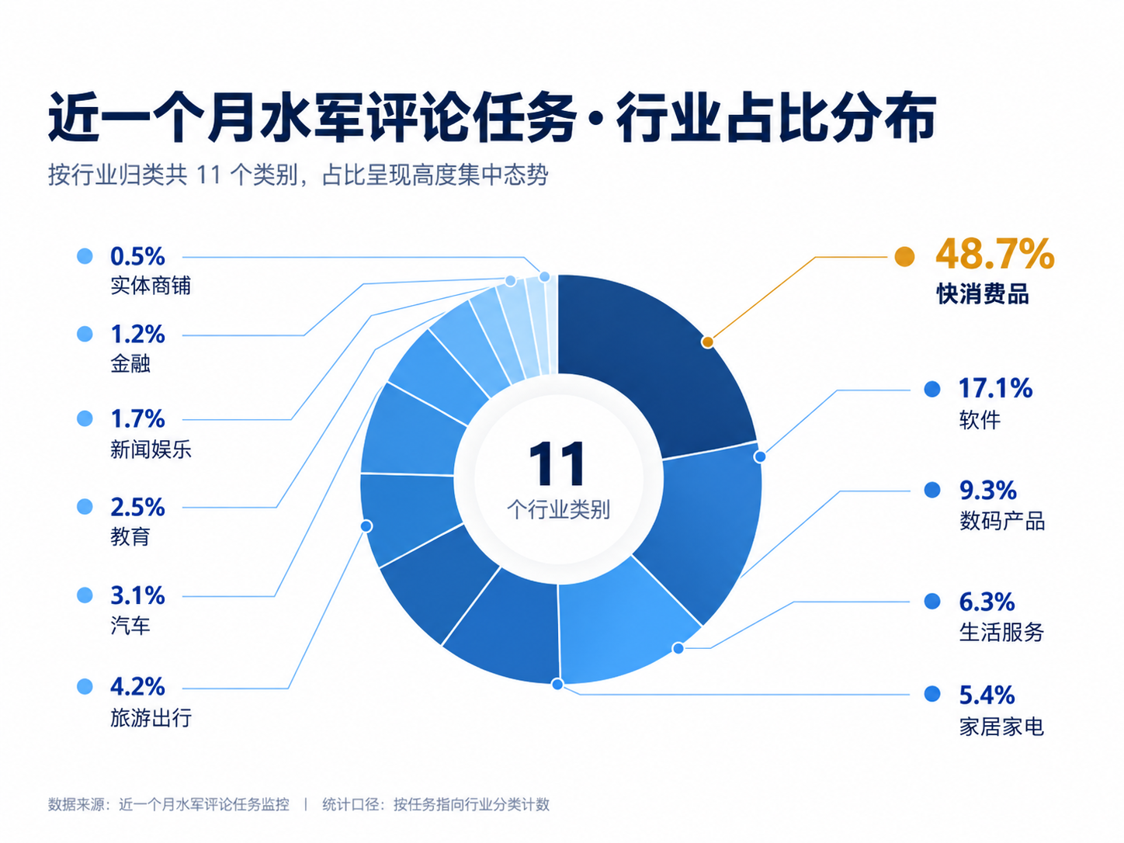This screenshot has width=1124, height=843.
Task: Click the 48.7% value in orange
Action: pos(994,254)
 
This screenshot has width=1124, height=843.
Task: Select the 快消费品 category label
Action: pos(982,293)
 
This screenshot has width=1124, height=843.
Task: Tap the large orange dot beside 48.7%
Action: pos(904,256)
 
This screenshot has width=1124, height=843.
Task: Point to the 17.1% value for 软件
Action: pos(995,388)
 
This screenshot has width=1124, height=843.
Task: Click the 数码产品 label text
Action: pos(1001,521)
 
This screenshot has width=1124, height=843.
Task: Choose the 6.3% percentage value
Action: pos(987,602)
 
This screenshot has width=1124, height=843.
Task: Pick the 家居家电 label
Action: pos(1001,727)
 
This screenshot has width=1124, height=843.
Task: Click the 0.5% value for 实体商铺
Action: pos(137,256)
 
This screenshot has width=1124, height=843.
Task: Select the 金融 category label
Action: pos(130,364)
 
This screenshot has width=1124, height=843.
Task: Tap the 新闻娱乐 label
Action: pos(151,449)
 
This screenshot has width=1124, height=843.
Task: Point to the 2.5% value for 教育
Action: pos(137,507)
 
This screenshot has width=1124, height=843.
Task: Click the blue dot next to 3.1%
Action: pos(85,595)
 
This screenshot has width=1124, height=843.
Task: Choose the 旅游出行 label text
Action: pos(151,717)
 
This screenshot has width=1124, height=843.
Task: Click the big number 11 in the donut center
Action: pos(557,463)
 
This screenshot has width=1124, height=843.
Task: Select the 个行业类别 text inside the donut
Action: pos(558,510)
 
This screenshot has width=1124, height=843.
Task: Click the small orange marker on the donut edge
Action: pos(708,342)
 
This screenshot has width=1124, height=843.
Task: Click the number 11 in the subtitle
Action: pos(208,175)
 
